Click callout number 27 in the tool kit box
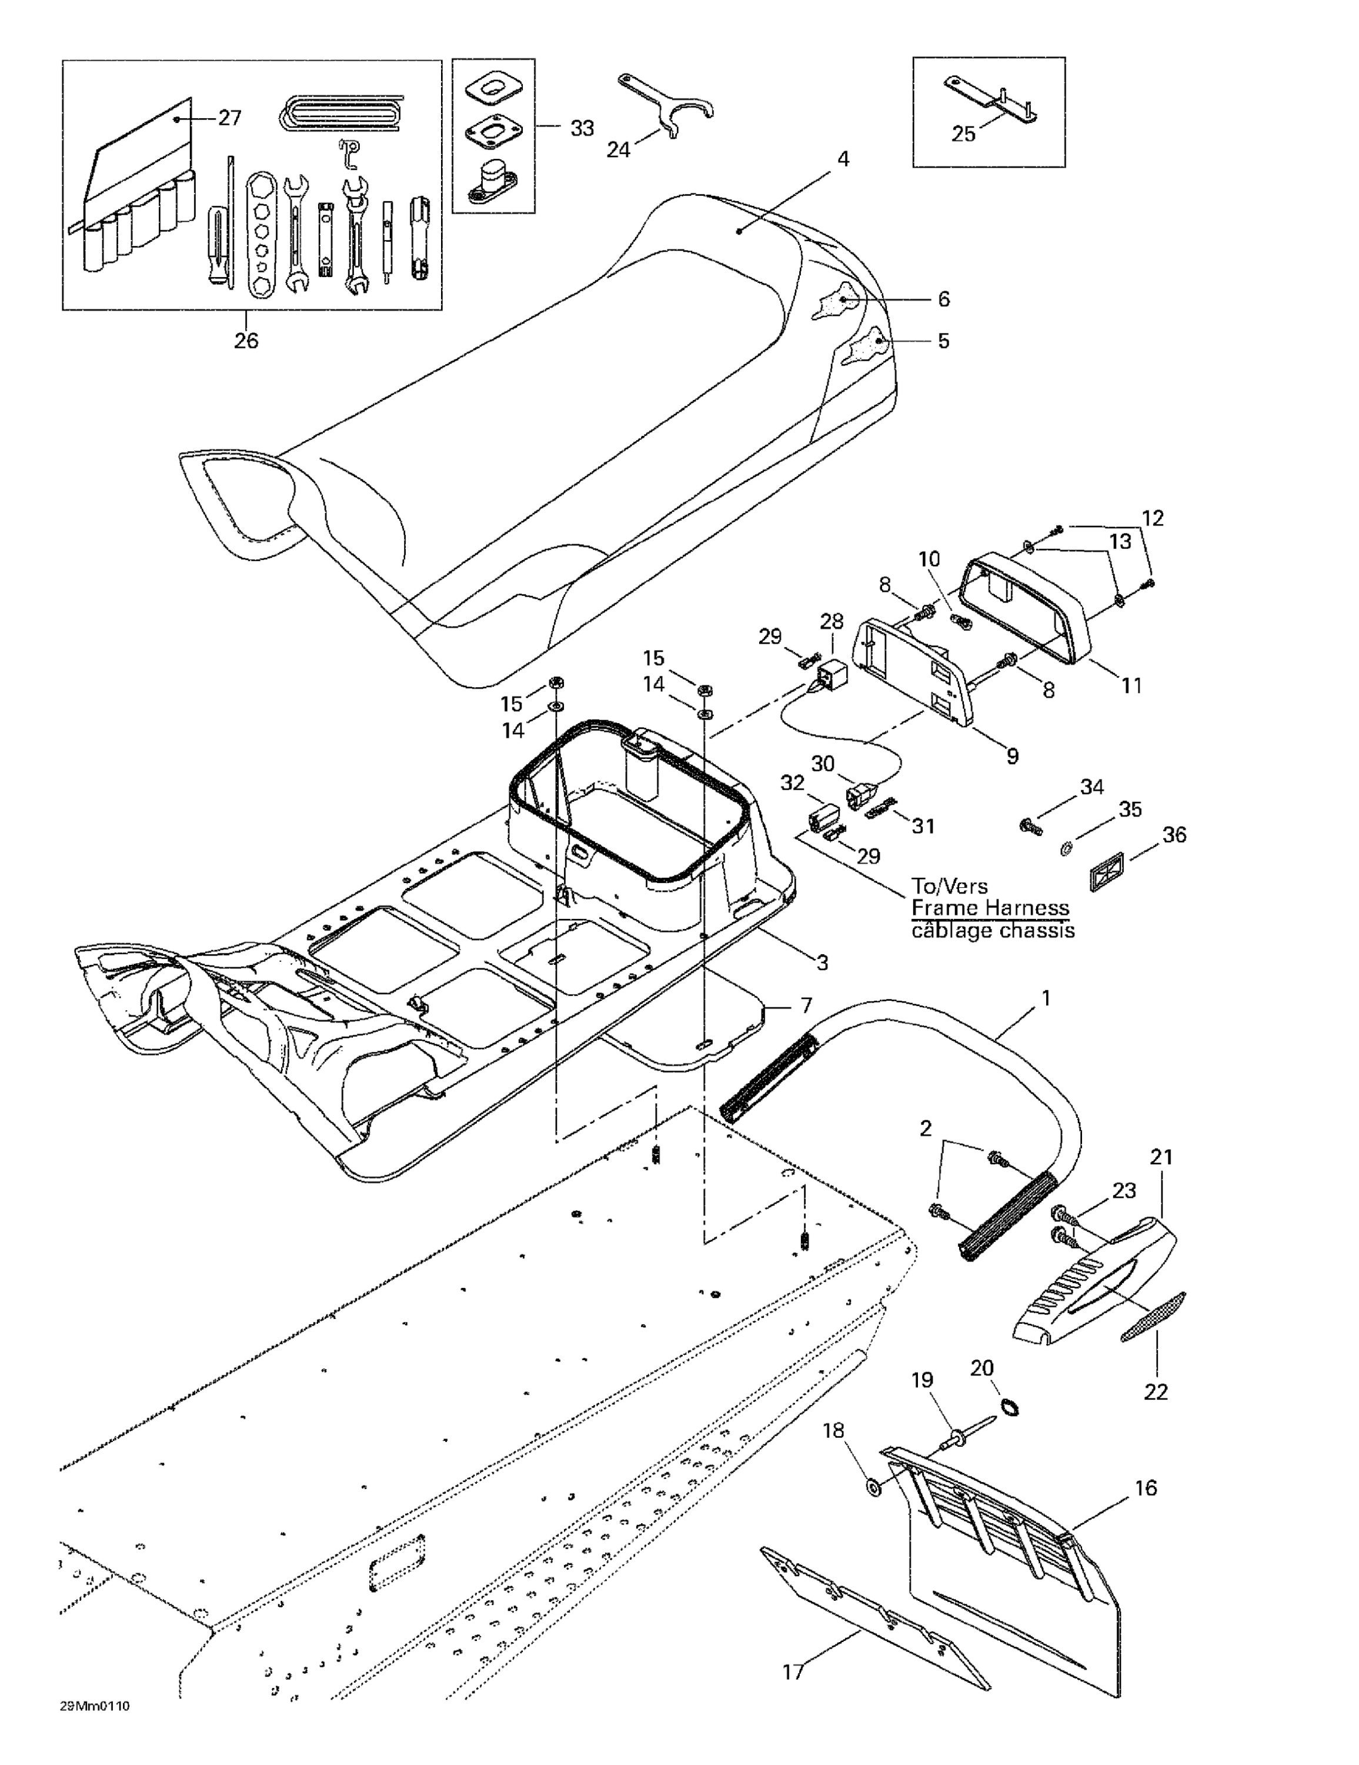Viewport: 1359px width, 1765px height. click(229, 118)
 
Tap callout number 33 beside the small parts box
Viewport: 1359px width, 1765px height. click(582, 128)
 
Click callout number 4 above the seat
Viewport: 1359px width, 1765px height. click(843, 159)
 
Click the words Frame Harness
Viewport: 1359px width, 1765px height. click(990, 908)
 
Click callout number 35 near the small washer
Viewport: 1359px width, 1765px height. click(1130, 809)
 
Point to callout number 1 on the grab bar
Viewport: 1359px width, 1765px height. click(1046, 999)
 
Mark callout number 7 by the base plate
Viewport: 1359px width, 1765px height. click(806, 1005)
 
